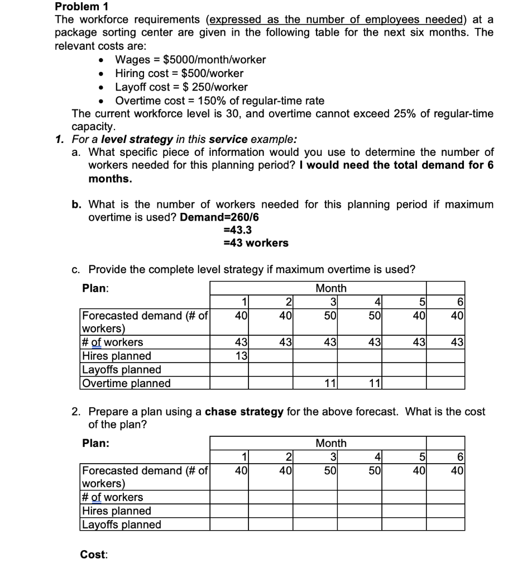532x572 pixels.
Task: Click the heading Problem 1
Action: [81, 7]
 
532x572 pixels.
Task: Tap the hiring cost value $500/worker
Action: [212, 73]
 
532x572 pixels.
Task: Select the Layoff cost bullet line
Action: [181, 87]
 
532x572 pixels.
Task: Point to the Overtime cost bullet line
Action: [219, 101]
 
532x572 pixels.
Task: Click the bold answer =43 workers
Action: [256, 243]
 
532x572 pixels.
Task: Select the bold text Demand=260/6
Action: [219, 217]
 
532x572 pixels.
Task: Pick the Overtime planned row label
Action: [127, 383]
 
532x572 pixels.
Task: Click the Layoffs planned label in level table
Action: [122, 370]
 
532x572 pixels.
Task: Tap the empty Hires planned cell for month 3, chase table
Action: [327, 511]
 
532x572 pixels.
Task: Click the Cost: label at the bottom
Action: [94, 555]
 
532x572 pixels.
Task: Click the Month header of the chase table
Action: [331, 444]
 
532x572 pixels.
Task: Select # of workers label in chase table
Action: [113, 497]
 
